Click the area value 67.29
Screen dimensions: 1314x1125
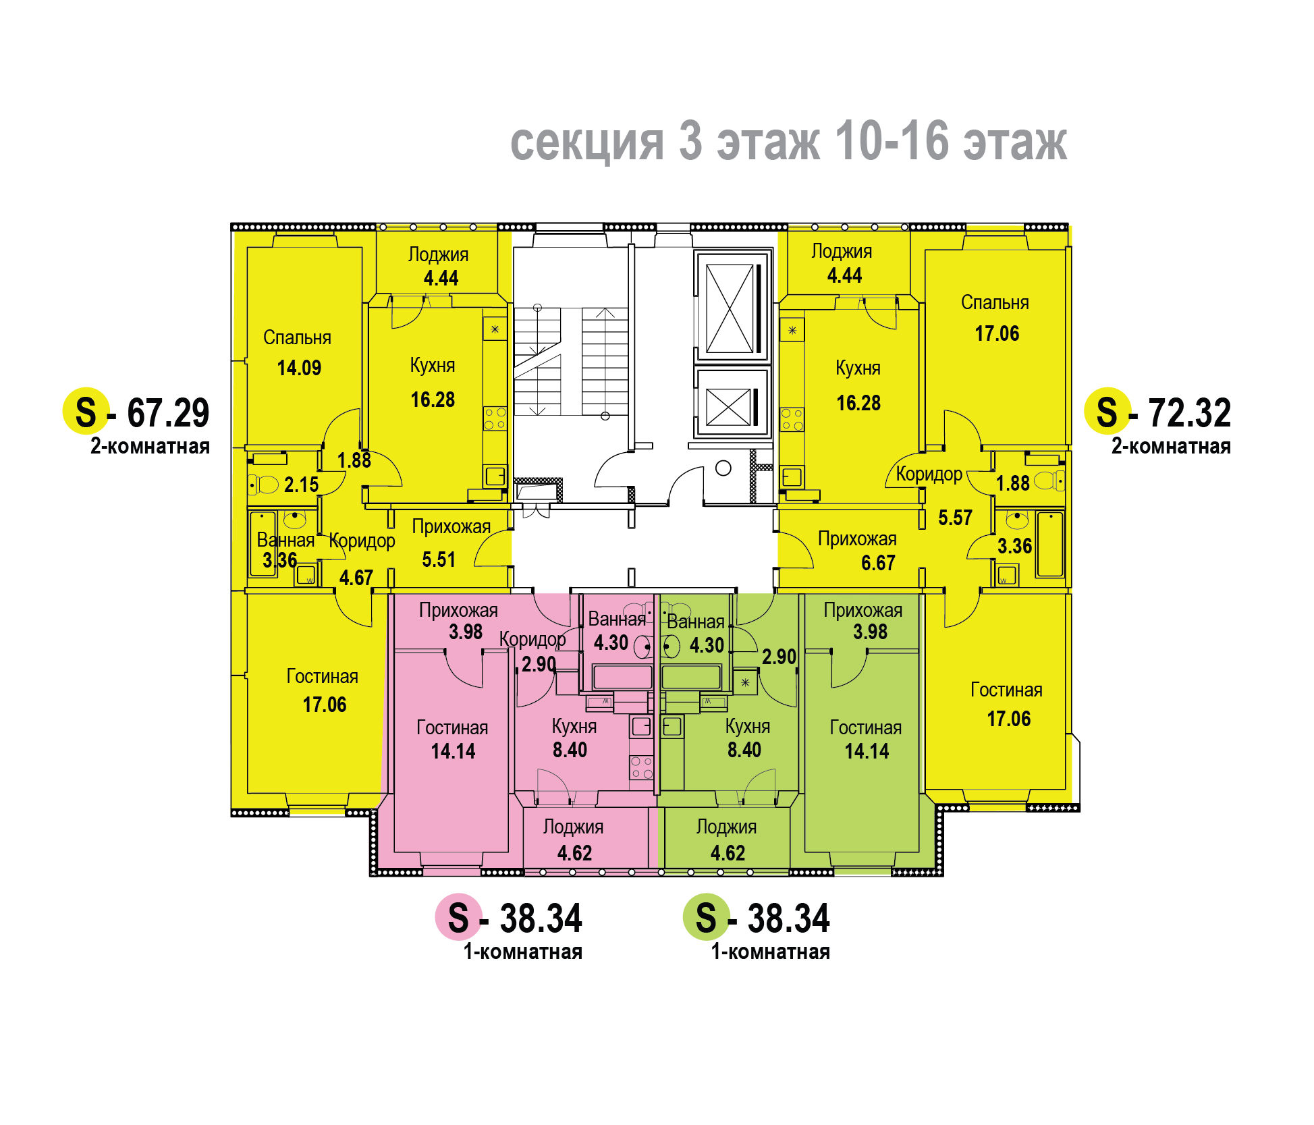pyautogui.click(x=168, y=412)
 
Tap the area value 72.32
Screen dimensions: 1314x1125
pyautogui.click(x=1190, y=412)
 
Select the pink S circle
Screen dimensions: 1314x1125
pyautogui.click(x=458, y=917)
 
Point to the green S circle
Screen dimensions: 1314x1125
pyautogui.click(x=706, y=917)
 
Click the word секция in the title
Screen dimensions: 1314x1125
pyautogui.click(x=587, y=142)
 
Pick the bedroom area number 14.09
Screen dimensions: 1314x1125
pyautogui.click(x=299, y=368)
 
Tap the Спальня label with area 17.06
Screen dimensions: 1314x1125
pyautogui.click(x=995, y=303)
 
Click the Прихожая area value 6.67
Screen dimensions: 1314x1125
pyautogui.click(x=878, y=563)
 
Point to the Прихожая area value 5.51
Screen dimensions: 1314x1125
pyautogui.click(x=439, y=559)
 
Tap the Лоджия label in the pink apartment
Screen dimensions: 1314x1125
pyautogui.click(x=573, y=827)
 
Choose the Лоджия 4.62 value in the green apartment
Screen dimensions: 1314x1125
pyautogui.click(x=728, y=853)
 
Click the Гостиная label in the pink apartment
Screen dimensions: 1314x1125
pyautogui.click(x=452, y=728)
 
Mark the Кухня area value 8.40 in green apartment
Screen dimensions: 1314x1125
pyautogui.click(x=744, y=750)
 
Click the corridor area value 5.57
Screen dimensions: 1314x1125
pyautogui.click(x=955, y=518)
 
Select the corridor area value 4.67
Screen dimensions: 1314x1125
pyautogui.click(x=356, y=578)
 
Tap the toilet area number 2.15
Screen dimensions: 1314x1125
pyautogui.click(x=301, y=485)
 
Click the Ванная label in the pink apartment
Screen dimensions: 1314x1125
pyautogui.click(x=617, y=619)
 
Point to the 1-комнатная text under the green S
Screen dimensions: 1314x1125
pyautogui.click(x=771, y=952)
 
